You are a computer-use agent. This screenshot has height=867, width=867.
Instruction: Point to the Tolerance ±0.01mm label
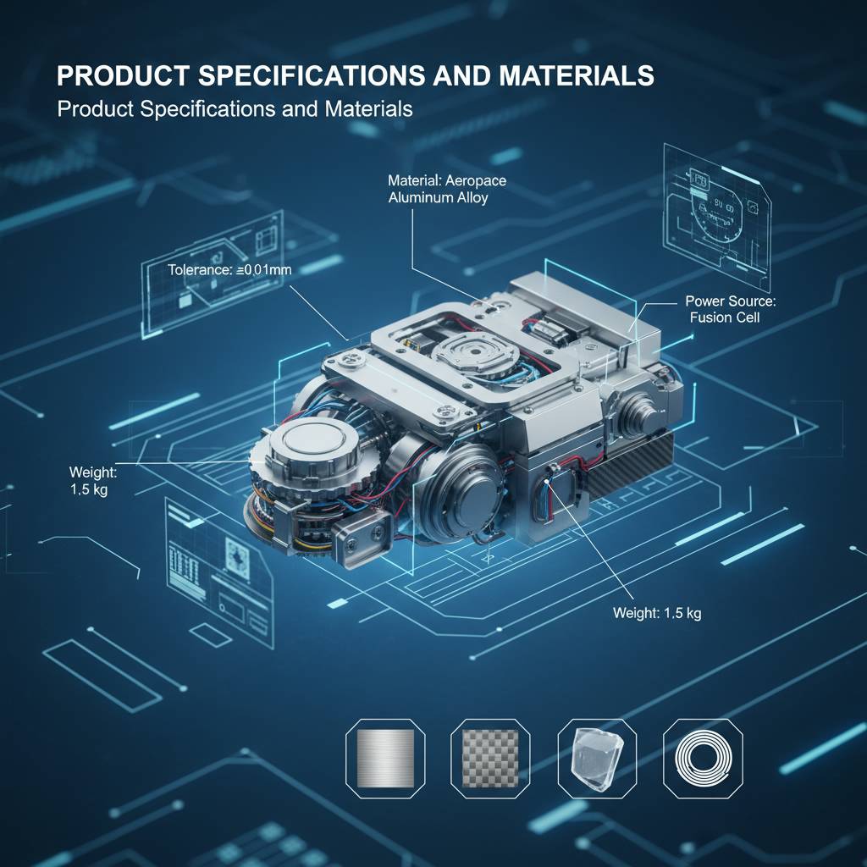[224, 270]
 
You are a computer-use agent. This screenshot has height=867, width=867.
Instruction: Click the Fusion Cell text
[725, 318]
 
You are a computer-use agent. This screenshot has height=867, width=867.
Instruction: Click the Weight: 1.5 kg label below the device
[657, 613]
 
